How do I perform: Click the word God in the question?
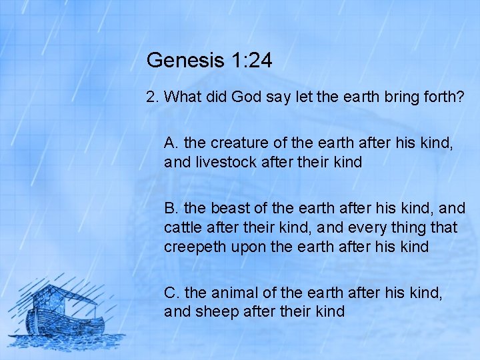coord(245,97)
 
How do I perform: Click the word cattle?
coord(181,227)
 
